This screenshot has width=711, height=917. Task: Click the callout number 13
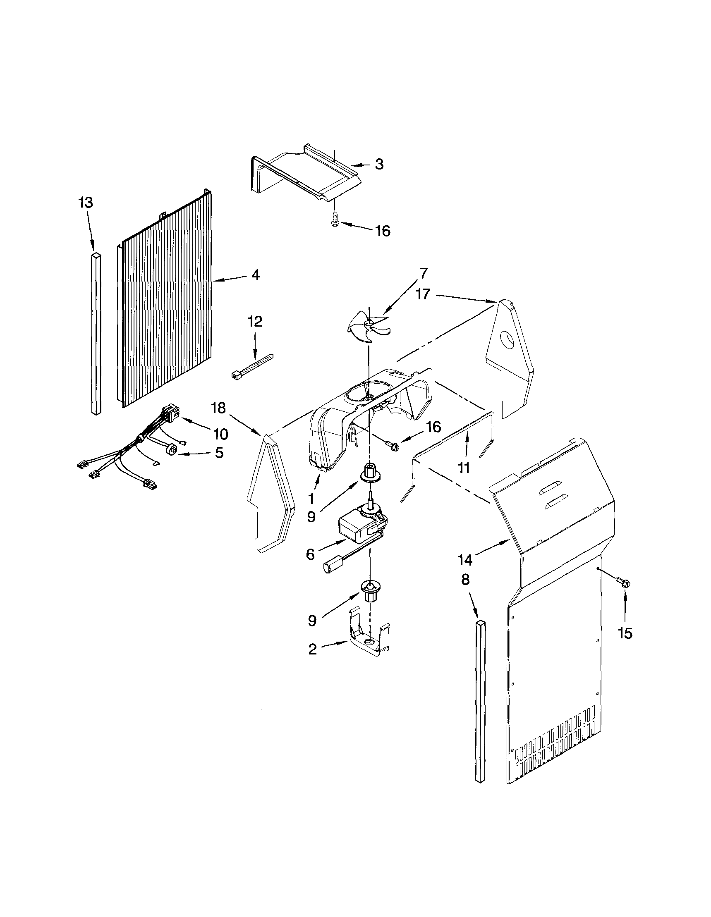point(85,203)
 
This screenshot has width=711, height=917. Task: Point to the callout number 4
point(255,275)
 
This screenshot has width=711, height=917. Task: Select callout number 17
point(423,294)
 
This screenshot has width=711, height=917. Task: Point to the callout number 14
point(465,560)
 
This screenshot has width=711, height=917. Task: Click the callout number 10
point(220,433)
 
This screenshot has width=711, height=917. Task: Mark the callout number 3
point(379,164)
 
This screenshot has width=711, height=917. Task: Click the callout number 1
point(311,499)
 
